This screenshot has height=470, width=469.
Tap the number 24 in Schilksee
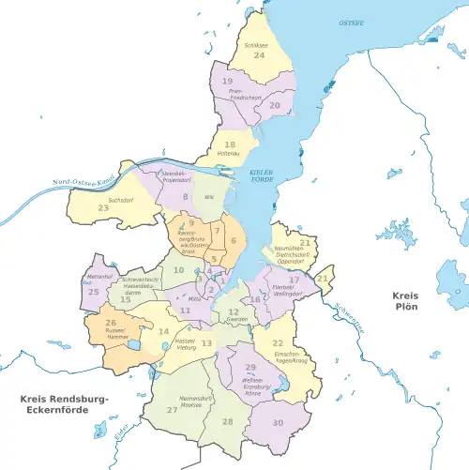(258, 56)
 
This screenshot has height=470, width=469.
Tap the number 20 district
(275, 106)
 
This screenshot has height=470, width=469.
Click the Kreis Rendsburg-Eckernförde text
(64, 406)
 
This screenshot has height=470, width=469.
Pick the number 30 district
(278, 423)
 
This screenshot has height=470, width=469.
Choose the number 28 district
(227, 423)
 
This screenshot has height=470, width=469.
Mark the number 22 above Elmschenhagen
(279, 344)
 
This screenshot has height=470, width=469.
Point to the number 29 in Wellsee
(250, 368)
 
